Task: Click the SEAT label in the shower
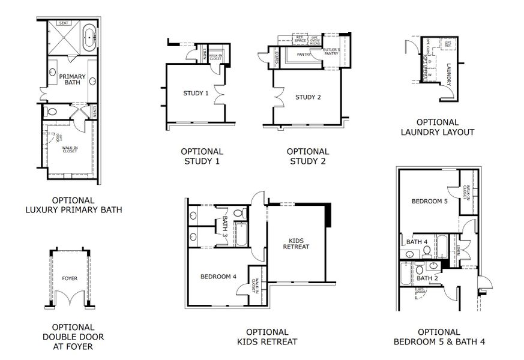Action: [x=64, y=23]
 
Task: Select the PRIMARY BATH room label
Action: [x=72, y=80]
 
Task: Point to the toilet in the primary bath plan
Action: [x=52, y=112]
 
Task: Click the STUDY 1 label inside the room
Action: [x=196, y=94]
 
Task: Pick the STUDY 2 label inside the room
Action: [x=308, y=97]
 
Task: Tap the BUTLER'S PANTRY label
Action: [x=331, y=51]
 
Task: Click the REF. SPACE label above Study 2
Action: [x=300, y=40]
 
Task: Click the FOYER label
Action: [x=70, y=278]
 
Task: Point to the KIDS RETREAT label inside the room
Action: [x=296, y=243]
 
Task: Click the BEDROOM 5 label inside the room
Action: [x=430, y=202]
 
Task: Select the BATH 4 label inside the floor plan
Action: [x=417, y=242]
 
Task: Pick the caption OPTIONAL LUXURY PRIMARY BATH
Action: [x=73, y=205]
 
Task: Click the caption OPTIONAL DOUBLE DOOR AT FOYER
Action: [x=68, y=337]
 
